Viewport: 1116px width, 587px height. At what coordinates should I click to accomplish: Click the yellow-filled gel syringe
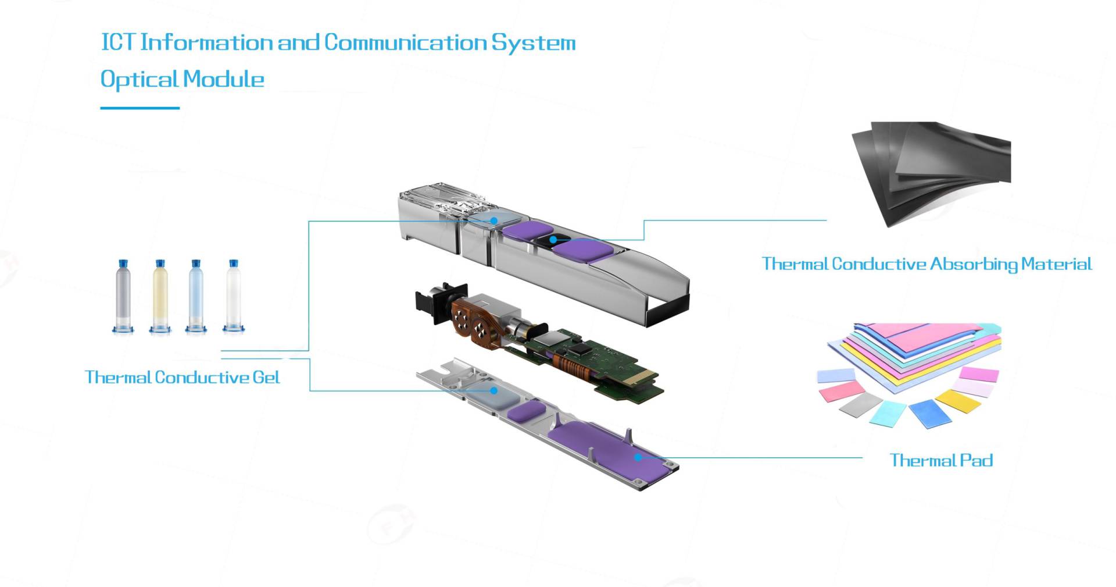pyautogui.click(x=160, y=297)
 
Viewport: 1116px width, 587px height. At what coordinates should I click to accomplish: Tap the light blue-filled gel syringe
pyautogui.click(x=196, y=297)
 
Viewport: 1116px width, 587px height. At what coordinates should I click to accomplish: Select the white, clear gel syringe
pyautogui.click(x=233, y=297)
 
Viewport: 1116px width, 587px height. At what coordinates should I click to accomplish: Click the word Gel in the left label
pyautogui.click(x=266, y=378)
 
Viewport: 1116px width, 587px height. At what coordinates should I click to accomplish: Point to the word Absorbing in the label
pyautogui.click(x=974, y=264)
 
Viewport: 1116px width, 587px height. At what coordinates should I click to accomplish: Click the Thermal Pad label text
pyautogui.click(x=941, y=460)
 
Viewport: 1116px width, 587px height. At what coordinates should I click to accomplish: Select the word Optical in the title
pyautogui.click(x=139, y=79)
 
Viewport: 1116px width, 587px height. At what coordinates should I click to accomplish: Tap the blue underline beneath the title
pyautogui.click(x=139, y=108)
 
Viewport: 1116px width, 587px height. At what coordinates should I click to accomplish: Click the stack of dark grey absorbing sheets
pyautogui.click(x=930, y=169)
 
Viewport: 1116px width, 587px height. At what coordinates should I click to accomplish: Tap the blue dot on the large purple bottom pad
pyautogui.click(x=638, y=457)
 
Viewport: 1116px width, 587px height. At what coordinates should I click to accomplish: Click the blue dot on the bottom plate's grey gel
pyautogui.click(x=493, y=390)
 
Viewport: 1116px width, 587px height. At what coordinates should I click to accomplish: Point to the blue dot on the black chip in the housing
pyautogui.click(x=553, y=239)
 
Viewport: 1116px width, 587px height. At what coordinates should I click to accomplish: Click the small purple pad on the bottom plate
pyautogui.click(x=525, y=412)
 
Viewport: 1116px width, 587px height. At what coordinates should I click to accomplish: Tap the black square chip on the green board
pyautogui.click(x=582, y=348)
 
